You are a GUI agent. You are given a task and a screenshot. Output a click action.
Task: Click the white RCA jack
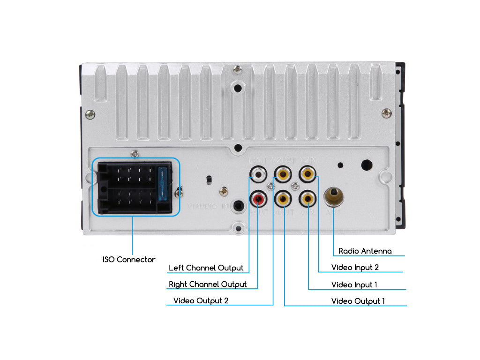point(258,175)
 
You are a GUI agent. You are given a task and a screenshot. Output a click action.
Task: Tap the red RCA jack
point(258,200)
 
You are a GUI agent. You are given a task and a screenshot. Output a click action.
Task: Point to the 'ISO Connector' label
point(129,259)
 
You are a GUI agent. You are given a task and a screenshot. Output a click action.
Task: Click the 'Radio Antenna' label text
point(365,251)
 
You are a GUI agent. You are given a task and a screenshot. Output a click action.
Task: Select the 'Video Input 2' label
point(355,268)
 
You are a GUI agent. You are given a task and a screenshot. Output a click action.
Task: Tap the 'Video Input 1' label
point(354,285)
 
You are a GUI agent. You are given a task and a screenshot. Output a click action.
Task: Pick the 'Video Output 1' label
point(358,301)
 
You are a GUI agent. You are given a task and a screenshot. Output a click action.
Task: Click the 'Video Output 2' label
point(201,300)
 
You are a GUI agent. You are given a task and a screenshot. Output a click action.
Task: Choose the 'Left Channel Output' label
point(206,268)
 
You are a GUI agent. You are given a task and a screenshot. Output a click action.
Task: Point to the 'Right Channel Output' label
point(208,285)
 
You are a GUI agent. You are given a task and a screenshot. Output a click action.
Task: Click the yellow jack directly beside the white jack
point(283,175)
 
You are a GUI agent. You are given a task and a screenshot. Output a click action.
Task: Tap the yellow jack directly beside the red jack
point(283,200)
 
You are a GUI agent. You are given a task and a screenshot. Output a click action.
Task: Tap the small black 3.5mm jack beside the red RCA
point(240,206)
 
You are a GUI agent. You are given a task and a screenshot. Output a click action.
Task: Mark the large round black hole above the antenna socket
point(367,165)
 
